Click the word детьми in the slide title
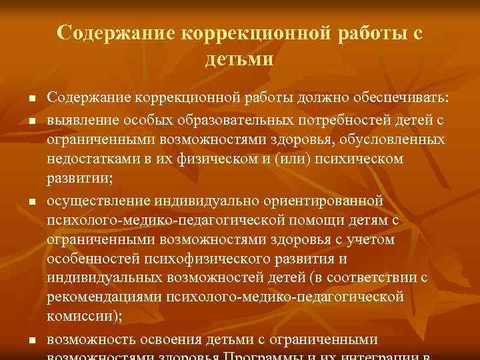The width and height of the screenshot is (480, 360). (x=239, y=59)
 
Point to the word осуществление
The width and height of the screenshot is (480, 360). (x=99, y=199)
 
